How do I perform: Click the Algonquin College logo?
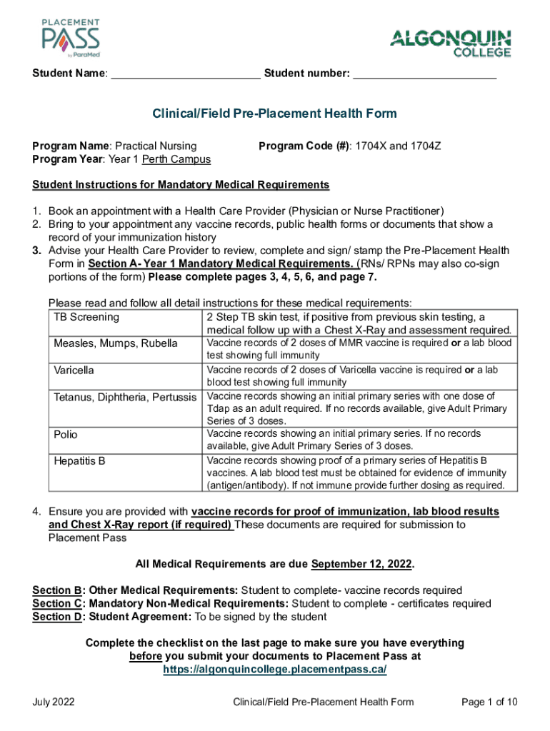[x=451, y=43]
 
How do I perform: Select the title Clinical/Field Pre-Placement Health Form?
[x=274, y=114]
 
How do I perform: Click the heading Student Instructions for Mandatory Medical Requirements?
[x=181, y=185]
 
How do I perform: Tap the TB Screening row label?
[x=86, y=317]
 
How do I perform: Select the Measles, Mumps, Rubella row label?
[x=116, y=343]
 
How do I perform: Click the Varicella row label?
[x=74, y=370]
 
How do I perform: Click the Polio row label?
[x=66, y=434]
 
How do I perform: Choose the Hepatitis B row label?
[x=79, y=460]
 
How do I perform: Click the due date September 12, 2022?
[x=361, y=564]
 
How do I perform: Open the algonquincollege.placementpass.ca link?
[x=275, y=669]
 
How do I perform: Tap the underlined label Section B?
[x=56, y=590]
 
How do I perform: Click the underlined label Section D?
[x=56, y=616]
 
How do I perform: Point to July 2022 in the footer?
[x=54, y=702]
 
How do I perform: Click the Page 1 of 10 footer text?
[x=489, y=702]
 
